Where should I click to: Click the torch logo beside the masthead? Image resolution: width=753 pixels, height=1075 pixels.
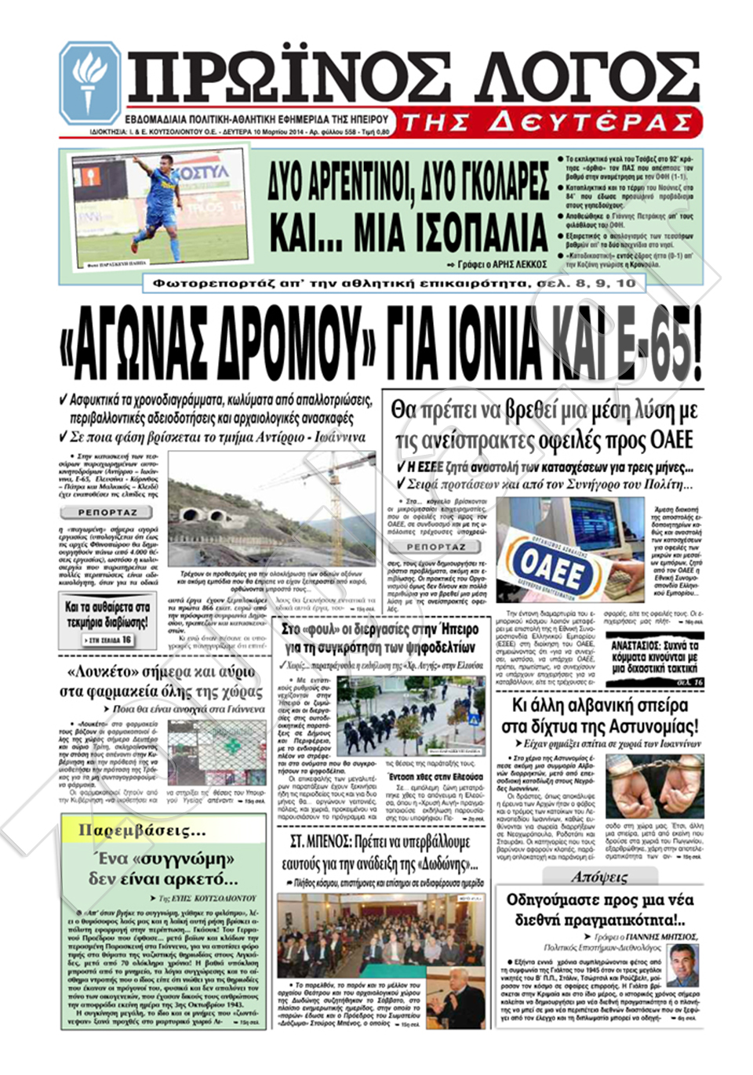[89, 82]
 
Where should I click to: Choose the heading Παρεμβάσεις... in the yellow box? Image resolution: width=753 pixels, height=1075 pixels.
[142, 830]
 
